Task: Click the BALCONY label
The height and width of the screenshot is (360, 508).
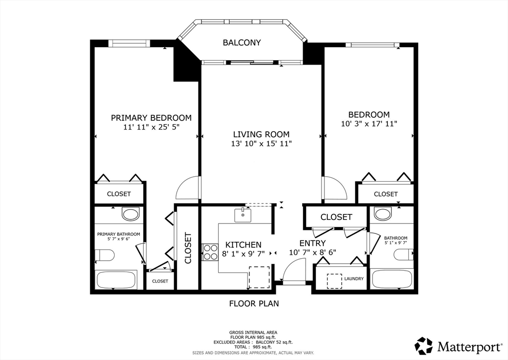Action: [242, 43]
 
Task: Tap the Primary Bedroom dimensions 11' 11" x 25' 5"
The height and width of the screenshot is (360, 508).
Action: [151, 127]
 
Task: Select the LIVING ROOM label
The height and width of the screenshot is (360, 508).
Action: [261, 134]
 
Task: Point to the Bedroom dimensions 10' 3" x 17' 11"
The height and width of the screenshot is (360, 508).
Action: [369, 124]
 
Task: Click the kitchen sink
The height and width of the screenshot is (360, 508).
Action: [243, 215]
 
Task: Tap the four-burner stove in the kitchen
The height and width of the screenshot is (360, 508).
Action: [210, 252]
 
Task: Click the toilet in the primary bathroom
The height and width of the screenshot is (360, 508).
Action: [104, 255]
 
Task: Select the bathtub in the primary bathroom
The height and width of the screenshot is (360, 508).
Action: [116, 280]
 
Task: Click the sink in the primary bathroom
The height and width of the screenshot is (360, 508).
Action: [130, 214]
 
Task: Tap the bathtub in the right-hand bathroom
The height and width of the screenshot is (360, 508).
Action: [392, 279]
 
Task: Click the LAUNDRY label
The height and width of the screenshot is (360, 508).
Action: [354, 279]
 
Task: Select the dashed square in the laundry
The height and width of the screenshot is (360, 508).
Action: [334, 281]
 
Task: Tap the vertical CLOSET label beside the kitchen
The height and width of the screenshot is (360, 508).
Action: [188, 248]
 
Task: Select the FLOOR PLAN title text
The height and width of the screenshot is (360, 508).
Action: [254, 303]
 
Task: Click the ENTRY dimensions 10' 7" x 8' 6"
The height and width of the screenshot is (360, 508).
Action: [313, 252]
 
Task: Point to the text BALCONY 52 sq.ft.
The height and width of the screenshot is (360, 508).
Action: [274, 342]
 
